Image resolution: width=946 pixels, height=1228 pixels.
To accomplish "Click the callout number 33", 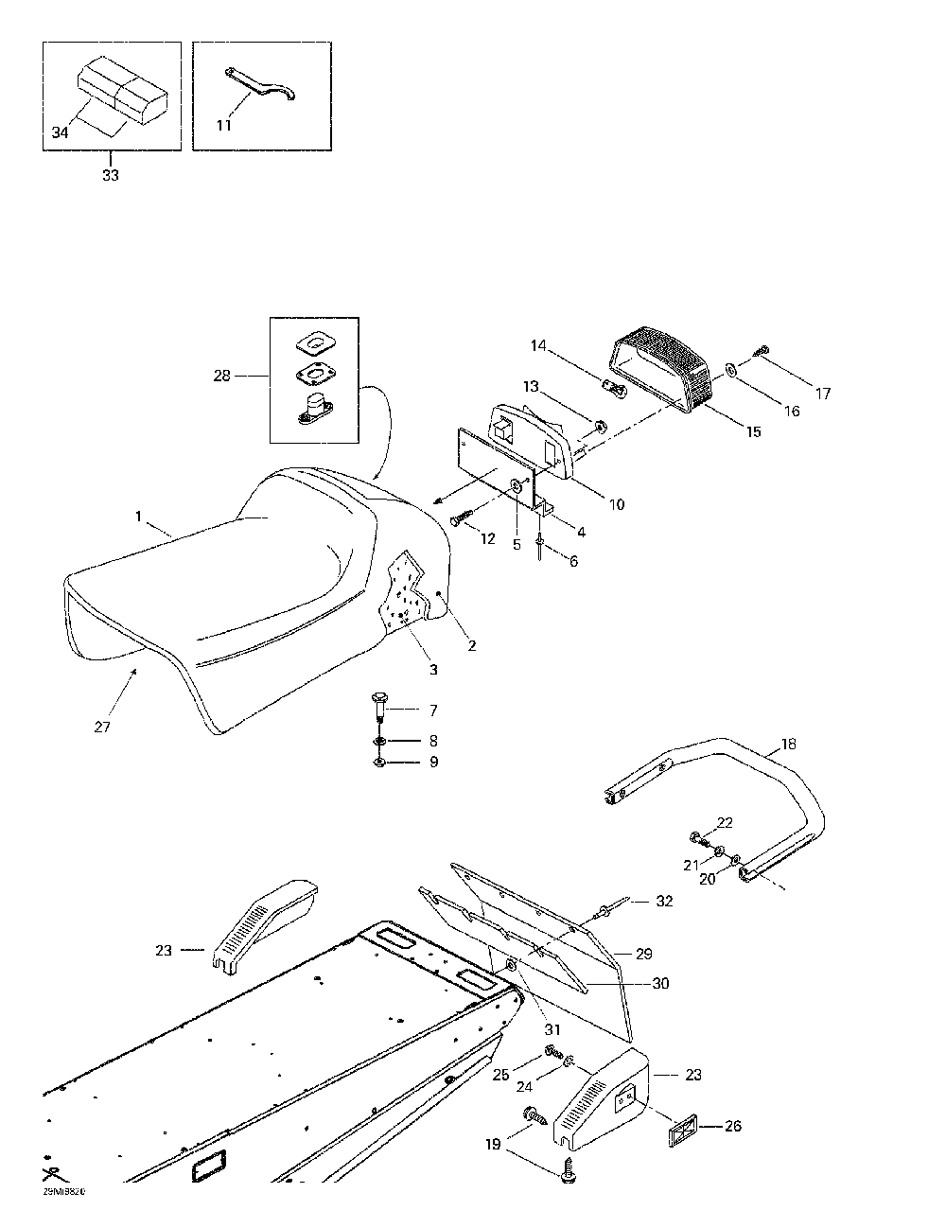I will (x=111, y=176).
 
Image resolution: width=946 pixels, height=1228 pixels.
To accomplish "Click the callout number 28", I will (x=221, y=376).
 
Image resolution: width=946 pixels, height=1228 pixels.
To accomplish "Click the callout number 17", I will (x=823, y=394).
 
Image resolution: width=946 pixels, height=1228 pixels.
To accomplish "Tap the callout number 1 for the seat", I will (x=138, y=518).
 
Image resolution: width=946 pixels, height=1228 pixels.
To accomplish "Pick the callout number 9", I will (x=433, y=762).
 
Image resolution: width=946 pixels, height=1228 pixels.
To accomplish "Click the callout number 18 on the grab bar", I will (x=788, y=745).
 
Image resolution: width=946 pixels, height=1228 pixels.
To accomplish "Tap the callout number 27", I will (x=102, y=727).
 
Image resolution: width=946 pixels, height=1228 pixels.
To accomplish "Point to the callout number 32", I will (x=664, y=902).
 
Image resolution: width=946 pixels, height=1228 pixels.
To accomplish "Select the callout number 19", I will (x=493, y=1145).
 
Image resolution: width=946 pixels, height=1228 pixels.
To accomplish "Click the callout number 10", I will (x=616, y=505).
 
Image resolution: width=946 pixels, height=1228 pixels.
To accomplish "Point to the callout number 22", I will (x=725, y=823).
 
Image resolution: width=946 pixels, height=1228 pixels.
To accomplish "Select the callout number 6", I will (x=573, y=561).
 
